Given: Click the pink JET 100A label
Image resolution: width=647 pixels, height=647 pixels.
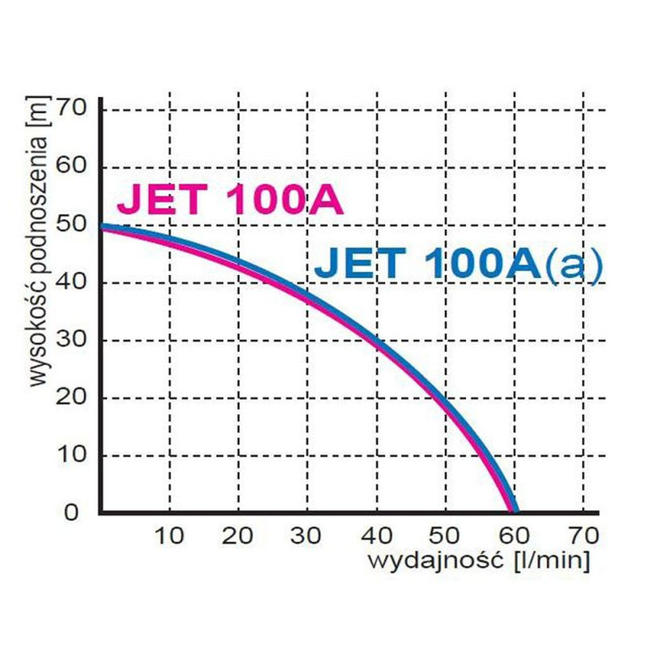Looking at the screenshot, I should point(230,202).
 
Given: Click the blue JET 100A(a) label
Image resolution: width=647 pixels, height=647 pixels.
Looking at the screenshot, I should point(459,265).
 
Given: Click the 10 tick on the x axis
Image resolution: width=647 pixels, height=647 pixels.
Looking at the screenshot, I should point(169,535).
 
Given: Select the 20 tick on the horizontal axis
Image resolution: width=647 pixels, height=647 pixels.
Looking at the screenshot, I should point(239,535).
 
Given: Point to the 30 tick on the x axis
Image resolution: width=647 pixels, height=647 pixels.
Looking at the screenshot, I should point(307,535).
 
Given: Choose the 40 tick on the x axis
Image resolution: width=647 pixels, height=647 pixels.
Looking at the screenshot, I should point(377,535).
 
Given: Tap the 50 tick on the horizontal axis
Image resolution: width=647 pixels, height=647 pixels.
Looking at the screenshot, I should point(446,535).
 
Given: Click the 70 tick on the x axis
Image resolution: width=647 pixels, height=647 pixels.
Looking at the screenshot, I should point(583,535).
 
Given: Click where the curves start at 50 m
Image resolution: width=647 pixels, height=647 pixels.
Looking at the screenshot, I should point(103,226).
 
